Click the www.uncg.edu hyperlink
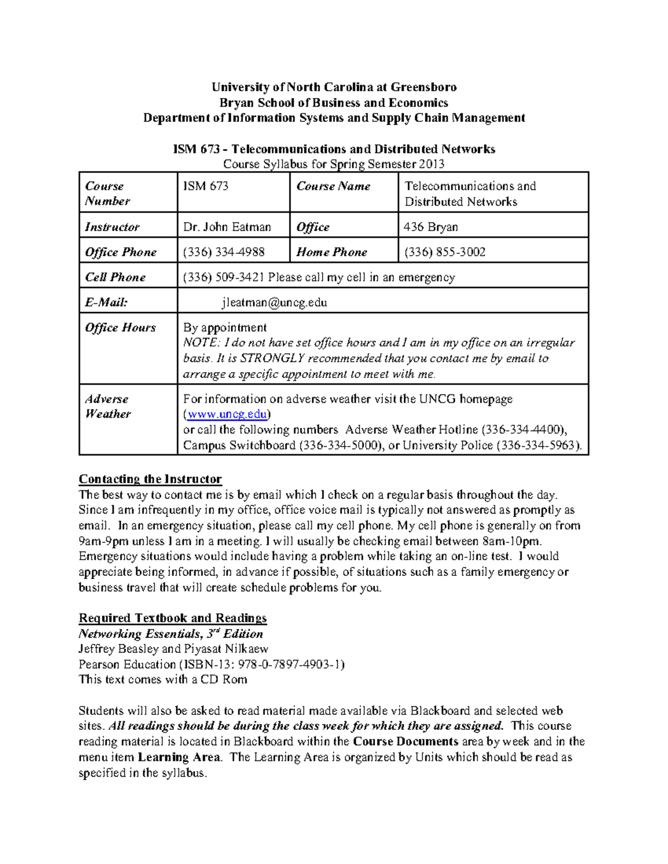tap(227, 414)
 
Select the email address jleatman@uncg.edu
tap(274, 303)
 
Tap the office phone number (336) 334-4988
tap(224, 252)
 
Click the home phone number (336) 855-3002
tap(445, 252)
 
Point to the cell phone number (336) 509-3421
tap(224, 277)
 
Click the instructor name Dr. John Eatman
tap(227, 227)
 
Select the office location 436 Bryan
tap(431, 227)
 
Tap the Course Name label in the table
tap(333, 186)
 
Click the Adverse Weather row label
tap(107, 407)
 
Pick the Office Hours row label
tap(120, 328)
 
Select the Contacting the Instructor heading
tap(150, 479)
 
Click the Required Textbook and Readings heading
tap(173, 618)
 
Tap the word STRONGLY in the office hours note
tap(273, 358)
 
